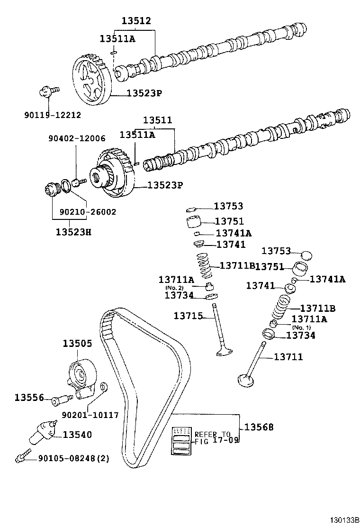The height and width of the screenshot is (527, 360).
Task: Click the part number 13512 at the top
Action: (x=136, y=21)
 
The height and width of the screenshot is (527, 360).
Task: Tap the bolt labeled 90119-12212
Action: (x=47, y=91)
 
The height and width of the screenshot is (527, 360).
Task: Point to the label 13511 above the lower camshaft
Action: (x=157, y=120)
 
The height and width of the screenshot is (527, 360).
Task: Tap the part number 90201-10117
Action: (x=90, y=415)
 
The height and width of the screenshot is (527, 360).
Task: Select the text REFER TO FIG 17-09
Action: (x=212, y=437)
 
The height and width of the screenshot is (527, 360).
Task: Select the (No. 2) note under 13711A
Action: (x=174, y=288)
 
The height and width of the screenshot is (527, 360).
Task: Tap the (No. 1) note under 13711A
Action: (x=301, y=327)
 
